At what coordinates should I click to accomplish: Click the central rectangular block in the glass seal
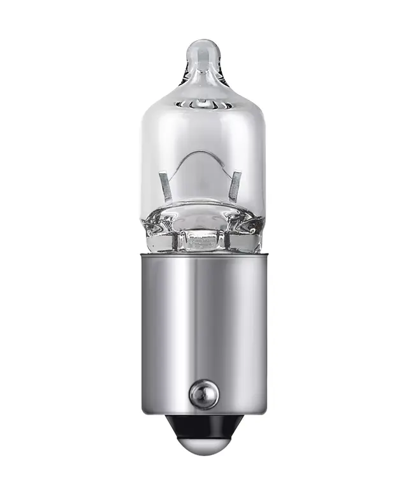[x=203, y=240]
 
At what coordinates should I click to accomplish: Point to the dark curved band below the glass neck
[x=203, y=103]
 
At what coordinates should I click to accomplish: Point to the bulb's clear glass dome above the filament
[x=203, y=127]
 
